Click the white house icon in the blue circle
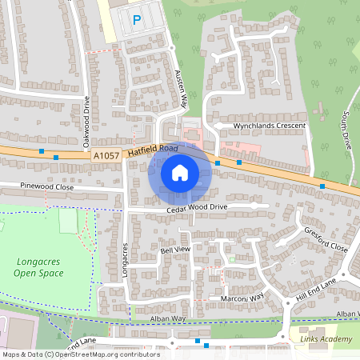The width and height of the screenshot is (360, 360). point(180,173)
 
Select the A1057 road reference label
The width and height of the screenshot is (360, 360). point(107,157)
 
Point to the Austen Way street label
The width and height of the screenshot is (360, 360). point(181,87)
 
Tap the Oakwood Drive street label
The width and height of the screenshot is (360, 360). point(86,122)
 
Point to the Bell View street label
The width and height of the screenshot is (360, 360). point(176,250)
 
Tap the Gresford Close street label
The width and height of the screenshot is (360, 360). point(326,238)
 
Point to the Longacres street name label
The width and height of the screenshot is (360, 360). point(126,261)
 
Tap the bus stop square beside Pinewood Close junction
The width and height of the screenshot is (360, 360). point(56,158)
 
